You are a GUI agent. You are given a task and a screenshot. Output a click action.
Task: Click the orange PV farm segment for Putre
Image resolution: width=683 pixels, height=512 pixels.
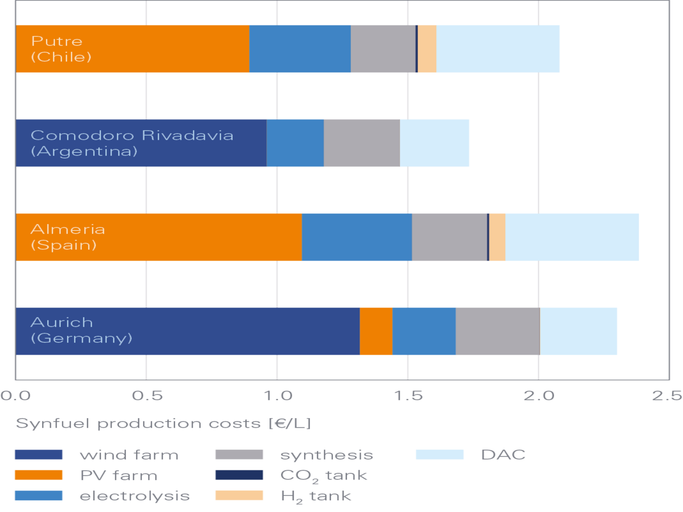point(160,49)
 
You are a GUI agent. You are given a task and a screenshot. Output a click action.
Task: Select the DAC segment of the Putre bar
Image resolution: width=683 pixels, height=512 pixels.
point(498,49)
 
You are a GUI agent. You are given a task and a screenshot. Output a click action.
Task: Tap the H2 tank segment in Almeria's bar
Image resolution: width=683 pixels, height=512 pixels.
point(497,237)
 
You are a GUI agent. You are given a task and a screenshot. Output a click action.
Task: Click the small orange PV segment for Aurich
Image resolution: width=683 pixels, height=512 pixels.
point(376,331)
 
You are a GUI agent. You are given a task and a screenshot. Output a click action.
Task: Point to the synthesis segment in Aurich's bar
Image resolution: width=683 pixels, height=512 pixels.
point(497,331)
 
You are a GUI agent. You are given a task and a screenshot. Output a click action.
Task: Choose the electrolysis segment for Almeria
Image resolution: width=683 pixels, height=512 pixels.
point(356,237)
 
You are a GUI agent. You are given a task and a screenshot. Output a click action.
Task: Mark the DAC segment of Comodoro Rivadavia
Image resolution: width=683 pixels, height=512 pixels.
point(435,143)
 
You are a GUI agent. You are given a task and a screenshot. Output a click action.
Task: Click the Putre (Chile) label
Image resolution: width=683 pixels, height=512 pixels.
point(61,49)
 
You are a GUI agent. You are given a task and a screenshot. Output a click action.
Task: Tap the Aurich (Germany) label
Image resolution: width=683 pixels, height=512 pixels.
point(81,331)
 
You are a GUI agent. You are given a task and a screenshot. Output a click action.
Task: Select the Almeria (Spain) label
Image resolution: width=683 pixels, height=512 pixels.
point(67,237)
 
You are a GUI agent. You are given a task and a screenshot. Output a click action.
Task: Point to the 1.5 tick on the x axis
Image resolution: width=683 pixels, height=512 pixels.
point(408,396)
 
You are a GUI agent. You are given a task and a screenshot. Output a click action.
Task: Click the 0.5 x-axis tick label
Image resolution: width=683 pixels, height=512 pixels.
point(147,396)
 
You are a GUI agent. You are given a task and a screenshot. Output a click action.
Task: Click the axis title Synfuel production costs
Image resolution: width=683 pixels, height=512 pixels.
point(163,423)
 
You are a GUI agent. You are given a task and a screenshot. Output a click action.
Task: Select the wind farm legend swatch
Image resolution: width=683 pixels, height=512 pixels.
point(38,455)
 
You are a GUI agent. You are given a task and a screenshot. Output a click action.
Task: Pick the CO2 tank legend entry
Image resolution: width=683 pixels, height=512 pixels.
point(323,476)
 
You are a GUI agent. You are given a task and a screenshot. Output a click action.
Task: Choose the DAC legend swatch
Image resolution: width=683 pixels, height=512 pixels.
point(440,455)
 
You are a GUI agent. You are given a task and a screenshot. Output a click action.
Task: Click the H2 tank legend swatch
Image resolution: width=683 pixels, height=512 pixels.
point(239,496)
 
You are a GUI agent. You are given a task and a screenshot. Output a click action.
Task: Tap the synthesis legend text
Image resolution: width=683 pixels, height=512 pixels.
point(326,455)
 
